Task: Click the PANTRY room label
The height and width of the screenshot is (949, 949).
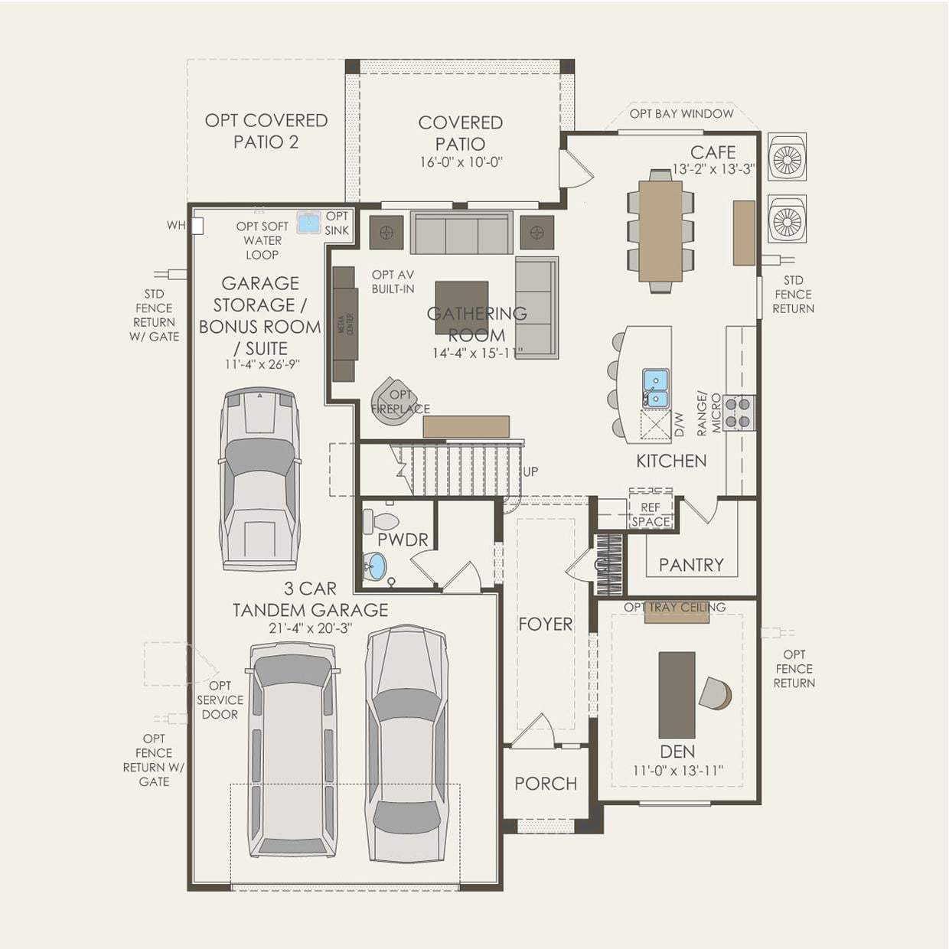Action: pos(691,565)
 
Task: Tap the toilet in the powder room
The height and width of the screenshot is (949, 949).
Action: pos(380,521)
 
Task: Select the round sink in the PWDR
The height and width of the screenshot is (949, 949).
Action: pos(375,567)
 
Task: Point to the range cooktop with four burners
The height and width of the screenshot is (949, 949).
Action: pos(739,413)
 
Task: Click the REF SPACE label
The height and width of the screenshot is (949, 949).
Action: pos(651,514)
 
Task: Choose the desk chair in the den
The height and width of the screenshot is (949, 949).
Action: pos(716,693)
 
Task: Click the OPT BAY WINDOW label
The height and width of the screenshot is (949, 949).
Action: pos(681,114)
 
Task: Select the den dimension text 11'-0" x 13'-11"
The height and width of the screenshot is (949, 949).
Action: pos(677,771)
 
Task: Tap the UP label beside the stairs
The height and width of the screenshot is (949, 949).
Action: pos(530,471)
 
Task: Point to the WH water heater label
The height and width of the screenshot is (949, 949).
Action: pos(175,226)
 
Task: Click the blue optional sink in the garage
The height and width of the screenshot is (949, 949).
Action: pos(308,223)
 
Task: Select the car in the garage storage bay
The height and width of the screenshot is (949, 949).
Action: pos(259,478)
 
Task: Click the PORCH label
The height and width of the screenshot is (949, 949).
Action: pos(546,784)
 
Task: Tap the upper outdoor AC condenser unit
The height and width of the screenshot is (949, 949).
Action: pos(787,158)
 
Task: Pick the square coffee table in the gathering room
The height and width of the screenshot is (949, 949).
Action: pos(461,308)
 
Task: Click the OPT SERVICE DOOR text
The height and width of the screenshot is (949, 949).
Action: pos(220,700)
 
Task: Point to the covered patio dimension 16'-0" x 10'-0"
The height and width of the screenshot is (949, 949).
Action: pos(461,162)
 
